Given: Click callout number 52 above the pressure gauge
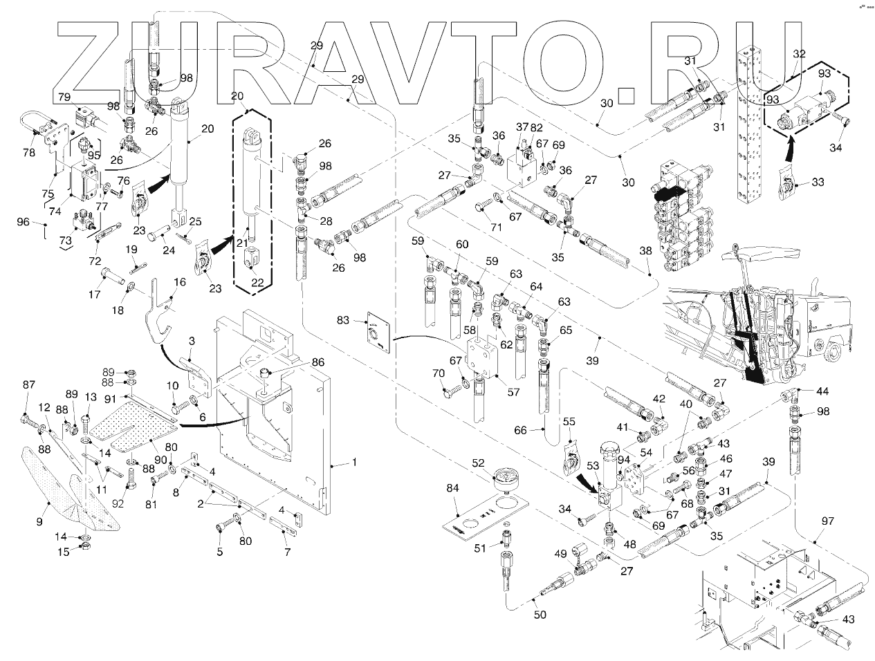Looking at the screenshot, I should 479,463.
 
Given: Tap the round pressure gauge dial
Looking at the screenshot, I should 507,476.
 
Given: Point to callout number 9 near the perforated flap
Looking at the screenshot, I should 39,521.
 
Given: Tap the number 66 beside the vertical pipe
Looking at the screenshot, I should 520,430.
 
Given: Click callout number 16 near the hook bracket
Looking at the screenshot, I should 180,282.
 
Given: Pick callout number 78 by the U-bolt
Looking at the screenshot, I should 28,153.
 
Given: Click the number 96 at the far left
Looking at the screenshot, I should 23,222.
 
